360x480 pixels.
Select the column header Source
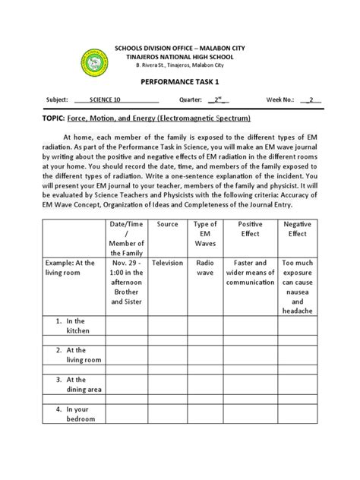click(x=167, y=225)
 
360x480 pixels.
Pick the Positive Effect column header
click(x=250, y=230)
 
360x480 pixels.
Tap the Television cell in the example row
click(x=167, y=262)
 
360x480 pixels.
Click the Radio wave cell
click(x=206, y=267)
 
